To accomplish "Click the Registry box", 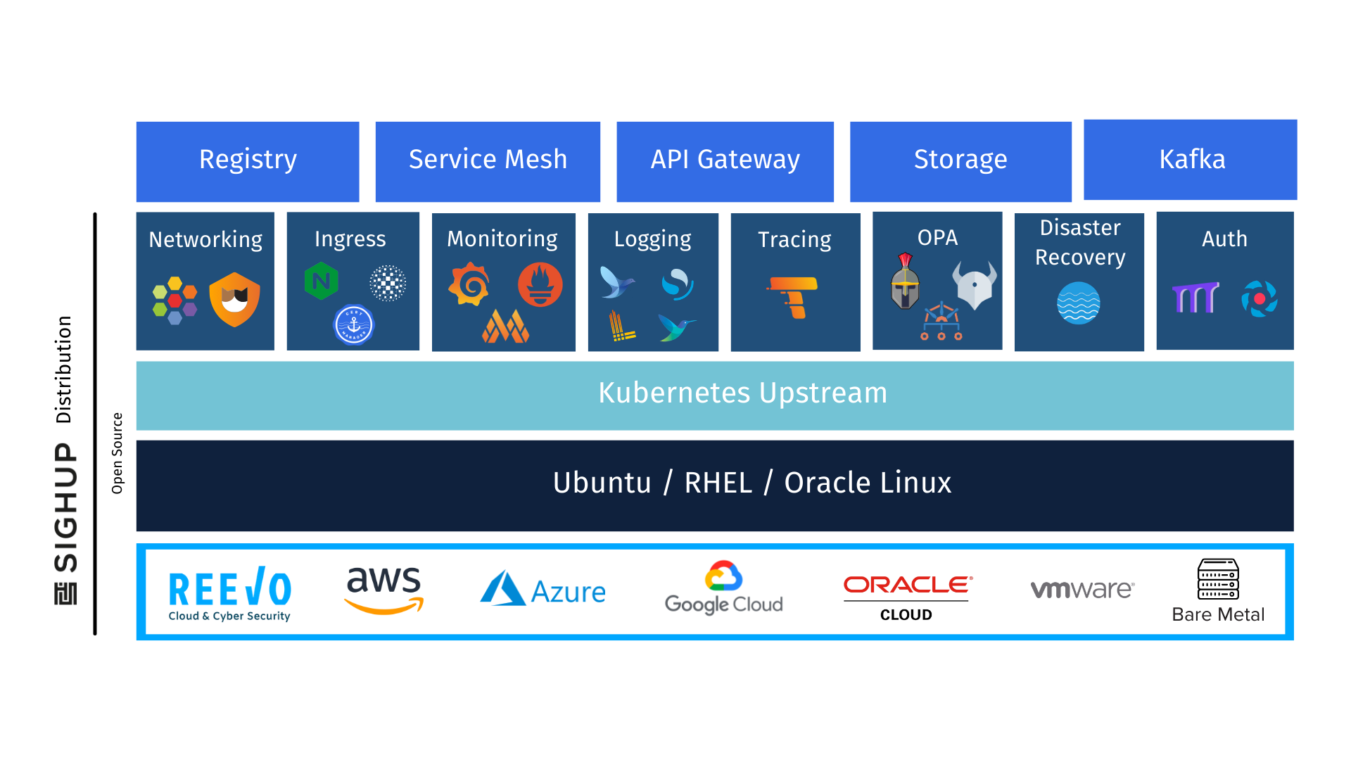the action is click(x=248, y=161).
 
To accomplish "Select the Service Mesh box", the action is click(x=488, y=161).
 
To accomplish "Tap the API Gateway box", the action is click(x=725, y=161).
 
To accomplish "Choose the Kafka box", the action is click(x=1190, y=160).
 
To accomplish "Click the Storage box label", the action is click(x=960, y=160).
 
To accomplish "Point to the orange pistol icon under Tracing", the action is click(x=793, y=297).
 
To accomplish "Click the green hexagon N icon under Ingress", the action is click(x=321, y=281).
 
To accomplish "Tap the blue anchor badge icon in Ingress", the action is click(x=353, y=325).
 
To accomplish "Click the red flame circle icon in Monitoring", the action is click(x=540, y=284).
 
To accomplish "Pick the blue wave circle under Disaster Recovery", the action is click(x=1079, y=303).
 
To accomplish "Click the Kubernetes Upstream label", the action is click(x=742, y=393).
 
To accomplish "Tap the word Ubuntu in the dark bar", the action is click(x=602, y=483).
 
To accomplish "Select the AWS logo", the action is click(x=384, y=590).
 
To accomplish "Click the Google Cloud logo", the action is click(x=723, y=588).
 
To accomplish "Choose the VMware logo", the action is click(x=1082, y=589).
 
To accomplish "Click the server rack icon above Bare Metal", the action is click(x=1218, y=579).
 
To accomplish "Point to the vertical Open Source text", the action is click(x=118, y=453).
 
